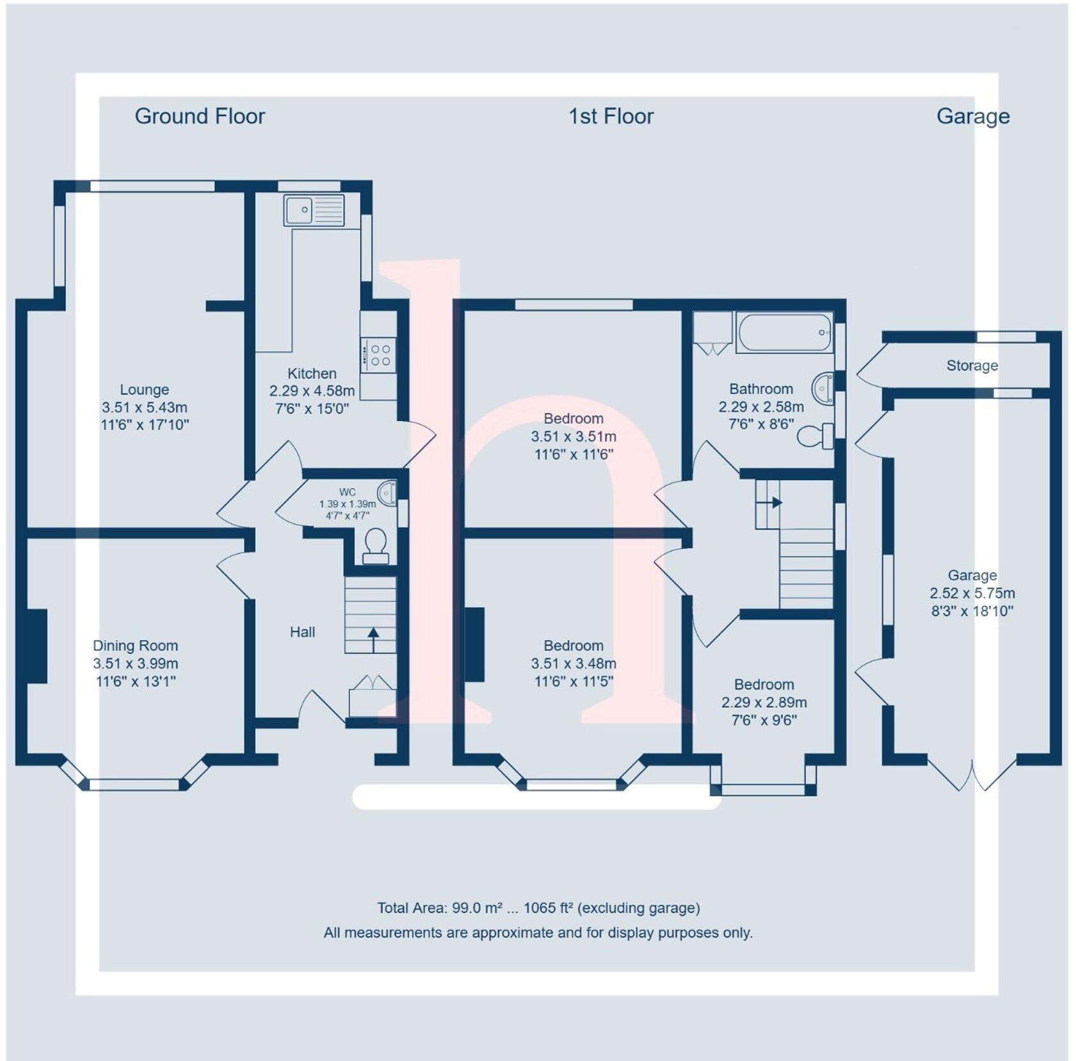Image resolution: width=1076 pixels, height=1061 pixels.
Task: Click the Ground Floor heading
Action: click(199, 116)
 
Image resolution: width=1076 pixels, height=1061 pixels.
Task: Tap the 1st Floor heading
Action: click(611, 116)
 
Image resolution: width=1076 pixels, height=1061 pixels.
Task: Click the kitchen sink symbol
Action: click(314, 210)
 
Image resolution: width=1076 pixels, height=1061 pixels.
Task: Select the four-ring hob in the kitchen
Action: click(378, 355)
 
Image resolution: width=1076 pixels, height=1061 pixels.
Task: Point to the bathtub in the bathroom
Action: click(784, 332)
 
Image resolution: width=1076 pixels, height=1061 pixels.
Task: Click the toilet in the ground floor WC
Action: click(375, 545)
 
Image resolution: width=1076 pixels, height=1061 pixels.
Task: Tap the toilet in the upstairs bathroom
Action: click(814, 436)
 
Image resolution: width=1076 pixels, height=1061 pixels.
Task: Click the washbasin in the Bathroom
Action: click(823, 388)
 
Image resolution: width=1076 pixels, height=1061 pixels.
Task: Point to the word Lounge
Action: click(145, 390)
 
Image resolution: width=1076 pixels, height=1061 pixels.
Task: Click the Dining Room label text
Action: click(135, 646)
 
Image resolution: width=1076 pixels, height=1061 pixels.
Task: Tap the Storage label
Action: click(972, 365)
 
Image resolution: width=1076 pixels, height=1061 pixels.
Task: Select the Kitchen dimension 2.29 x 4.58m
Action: click(312, 390)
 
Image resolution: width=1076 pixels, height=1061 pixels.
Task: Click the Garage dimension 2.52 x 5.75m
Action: click(972, 593)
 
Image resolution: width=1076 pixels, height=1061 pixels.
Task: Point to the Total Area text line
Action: click(538, 907)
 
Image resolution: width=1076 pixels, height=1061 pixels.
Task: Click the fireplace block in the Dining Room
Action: click(37, 646)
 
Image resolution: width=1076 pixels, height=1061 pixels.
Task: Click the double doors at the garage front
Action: click(971, 774)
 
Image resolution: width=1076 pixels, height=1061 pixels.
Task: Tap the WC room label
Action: click(348, 492)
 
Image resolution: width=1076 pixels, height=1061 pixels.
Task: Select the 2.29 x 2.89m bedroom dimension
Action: click(764, 702)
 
